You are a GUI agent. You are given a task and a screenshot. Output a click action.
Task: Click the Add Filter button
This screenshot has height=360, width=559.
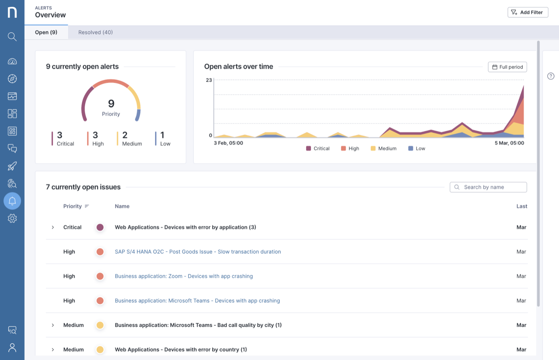[528, 12]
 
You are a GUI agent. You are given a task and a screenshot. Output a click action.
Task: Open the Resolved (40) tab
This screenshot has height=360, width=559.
[95, 32]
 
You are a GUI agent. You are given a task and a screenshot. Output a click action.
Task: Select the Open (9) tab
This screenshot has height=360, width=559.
[46, 32]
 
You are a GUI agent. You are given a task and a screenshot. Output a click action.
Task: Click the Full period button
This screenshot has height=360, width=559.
[507, 67]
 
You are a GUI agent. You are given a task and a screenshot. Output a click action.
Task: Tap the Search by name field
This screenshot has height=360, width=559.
[488, 187]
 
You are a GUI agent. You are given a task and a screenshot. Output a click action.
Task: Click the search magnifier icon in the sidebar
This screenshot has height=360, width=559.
[12, 37]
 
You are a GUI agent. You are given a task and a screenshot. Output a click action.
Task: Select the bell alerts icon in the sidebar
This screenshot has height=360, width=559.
[12, 201]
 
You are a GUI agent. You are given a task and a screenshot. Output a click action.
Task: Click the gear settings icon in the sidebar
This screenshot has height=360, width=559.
[12, 218]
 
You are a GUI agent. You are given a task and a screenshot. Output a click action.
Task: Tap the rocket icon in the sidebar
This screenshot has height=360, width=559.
[12, 166]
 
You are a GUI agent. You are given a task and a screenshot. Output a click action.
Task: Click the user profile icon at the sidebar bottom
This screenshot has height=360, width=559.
[12, 348]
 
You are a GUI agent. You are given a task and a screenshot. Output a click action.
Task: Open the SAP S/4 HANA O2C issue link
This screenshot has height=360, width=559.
[197, 252]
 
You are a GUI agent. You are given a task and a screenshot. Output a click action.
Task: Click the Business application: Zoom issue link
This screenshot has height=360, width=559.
[183, 276]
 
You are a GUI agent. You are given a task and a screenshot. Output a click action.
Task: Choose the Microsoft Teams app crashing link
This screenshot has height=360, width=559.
[197, 301]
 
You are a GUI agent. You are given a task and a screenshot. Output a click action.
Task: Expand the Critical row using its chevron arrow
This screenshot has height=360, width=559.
[53, 227]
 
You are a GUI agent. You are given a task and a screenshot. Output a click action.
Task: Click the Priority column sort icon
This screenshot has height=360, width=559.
[87, 206]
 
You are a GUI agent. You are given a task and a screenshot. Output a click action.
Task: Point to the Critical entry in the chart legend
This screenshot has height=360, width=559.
[317, 149]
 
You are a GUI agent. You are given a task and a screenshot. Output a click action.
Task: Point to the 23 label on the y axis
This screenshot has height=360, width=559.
[209, 80]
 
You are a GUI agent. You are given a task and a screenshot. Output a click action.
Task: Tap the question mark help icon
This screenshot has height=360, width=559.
[551, 76]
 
